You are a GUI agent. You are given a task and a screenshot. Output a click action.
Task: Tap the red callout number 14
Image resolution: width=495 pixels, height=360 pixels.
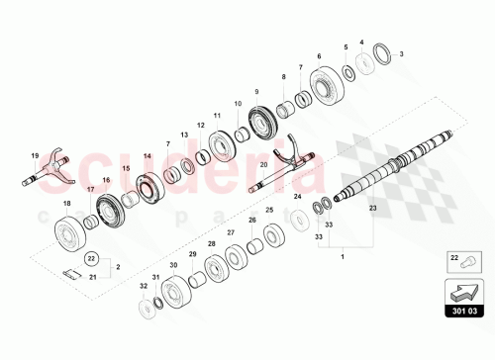(x=147, y=156)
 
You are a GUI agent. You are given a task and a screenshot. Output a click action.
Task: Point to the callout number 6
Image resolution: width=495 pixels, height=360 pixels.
(x=318, y=57)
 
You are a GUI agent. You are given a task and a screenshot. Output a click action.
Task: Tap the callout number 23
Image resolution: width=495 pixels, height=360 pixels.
(x=373, y=209)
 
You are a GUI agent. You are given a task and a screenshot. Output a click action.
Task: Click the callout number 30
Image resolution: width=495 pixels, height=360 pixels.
(x=173, y=266)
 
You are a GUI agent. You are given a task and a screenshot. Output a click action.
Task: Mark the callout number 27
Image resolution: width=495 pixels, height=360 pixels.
(x=230, y=232)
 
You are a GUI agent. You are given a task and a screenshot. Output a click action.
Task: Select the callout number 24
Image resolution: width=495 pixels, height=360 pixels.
(x=297, y=197)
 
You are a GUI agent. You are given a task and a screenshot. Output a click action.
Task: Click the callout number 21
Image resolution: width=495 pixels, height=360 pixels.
(x=93, y=279)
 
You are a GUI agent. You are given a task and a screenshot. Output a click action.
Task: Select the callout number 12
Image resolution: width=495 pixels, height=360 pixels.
(x=200, y=126)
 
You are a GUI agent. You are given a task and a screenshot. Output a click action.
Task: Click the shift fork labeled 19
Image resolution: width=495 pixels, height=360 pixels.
(x=51, y=177)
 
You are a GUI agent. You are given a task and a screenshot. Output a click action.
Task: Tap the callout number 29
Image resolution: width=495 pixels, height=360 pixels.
(x=192, y=255)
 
